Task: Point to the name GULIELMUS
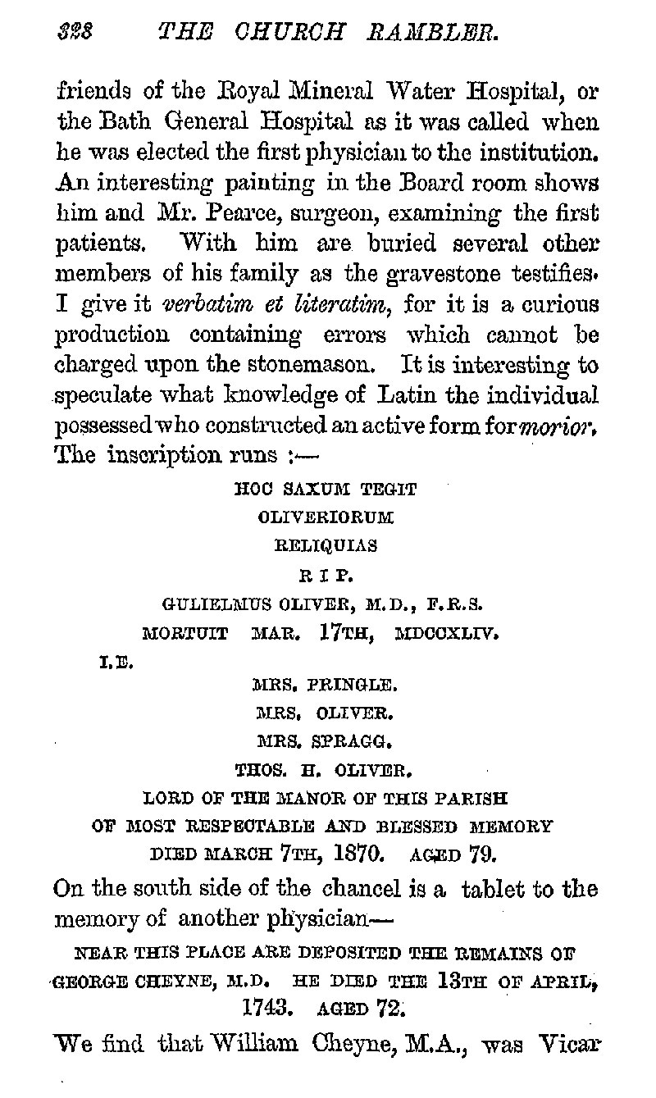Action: coord(203,606)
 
